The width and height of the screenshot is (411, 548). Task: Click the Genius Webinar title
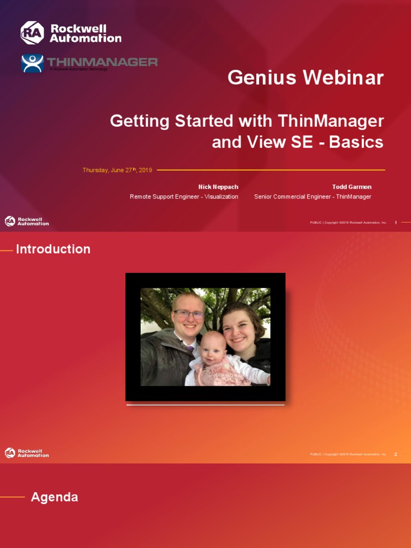[x=306, y=78]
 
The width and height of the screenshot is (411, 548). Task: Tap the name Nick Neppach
[x=218, y=187]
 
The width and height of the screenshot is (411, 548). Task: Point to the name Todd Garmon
[x=352, y=187]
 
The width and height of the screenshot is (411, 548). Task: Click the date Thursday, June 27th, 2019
[x=117, y=170]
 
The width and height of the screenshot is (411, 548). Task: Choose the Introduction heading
[x=53, y=249]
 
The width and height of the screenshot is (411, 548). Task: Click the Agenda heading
[x=55, y=497]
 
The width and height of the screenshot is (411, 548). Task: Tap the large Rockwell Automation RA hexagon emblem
[x=32, y=33]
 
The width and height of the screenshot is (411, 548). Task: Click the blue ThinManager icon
[x=32, y=63]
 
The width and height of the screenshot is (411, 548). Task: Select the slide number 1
[x=395, y=222]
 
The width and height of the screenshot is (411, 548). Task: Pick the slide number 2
[x=395, y=454]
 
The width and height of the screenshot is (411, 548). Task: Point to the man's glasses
[x=188, y=314]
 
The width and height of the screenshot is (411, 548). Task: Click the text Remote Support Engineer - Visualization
[x=184, y=196]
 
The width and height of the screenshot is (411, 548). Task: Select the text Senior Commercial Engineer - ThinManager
[x=313, y=196]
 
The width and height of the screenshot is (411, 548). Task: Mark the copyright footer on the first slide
[x=348, y=222]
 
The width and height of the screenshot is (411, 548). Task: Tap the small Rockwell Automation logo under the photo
[x=27, y=453]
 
